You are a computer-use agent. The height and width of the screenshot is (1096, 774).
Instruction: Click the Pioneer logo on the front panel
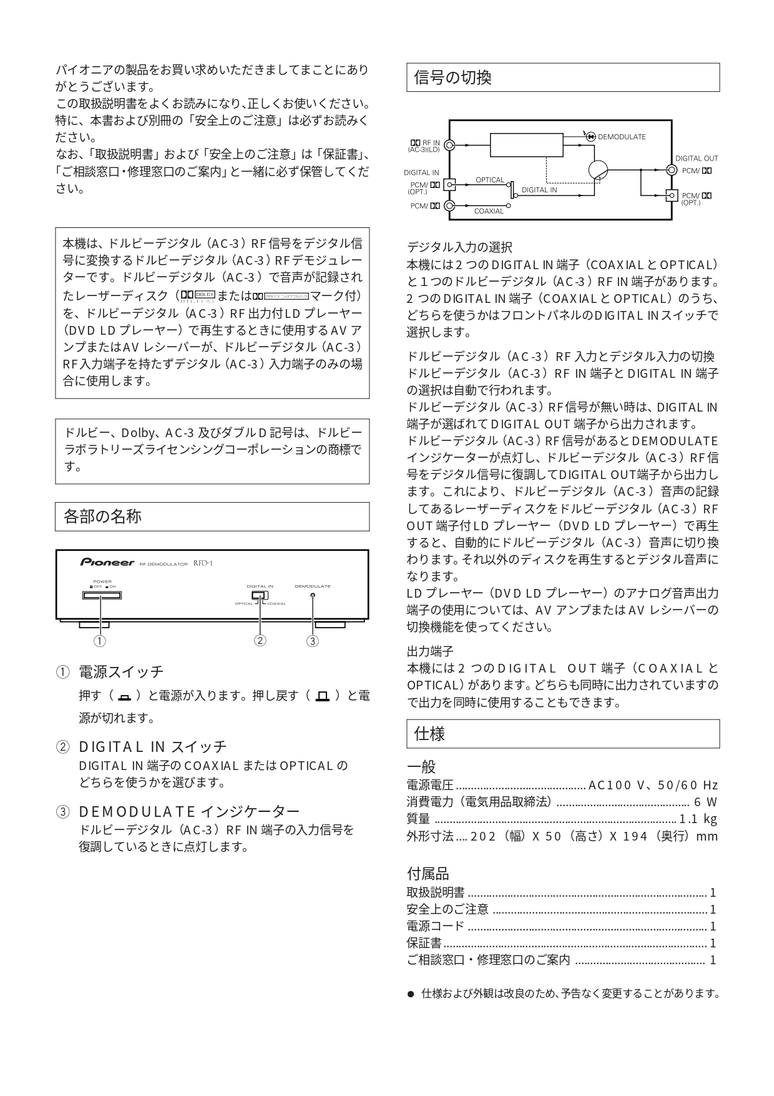(107, 562)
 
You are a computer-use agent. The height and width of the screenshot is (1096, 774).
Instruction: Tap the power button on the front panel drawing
(101, 595)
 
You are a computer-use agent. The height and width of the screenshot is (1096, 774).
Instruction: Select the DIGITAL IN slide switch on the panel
(259, 596)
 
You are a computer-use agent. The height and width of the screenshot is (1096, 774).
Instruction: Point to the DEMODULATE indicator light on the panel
(313, 595)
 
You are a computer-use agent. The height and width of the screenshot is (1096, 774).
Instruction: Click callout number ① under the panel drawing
(99, 641)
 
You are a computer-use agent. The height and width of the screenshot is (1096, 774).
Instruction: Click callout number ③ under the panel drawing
(313, 641)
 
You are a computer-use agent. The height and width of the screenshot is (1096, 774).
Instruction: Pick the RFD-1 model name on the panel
(203, 563)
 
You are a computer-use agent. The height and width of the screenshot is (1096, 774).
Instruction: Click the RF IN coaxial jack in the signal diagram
(449, 145)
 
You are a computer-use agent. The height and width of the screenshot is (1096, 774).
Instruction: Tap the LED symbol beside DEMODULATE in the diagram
(590, 137)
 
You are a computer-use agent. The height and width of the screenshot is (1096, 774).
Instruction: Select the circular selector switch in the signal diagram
(597, 170)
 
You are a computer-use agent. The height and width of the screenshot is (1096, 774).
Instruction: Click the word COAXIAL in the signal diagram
(489, 211)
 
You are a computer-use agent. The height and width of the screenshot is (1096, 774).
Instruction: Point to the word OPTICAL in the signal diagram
(490, 180)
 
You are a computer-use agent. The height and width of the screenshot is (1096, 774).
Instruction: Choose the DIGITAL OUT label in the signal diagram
(697, 159)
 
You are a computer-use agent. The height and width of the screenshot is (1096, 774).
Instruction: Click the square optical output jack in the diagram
(671, 195)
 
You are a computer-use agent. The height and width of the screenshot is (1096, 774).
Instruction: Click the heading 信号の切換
(453, 77)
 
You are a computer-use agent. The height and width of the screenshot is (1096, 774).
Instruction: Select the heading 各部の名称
(102, 516)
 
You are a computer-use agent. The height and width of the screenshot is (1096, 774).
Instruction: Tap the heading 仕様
(429, 734)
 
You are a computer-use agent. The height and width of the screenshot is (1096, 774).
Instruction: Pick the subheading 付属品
(428, 874)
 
